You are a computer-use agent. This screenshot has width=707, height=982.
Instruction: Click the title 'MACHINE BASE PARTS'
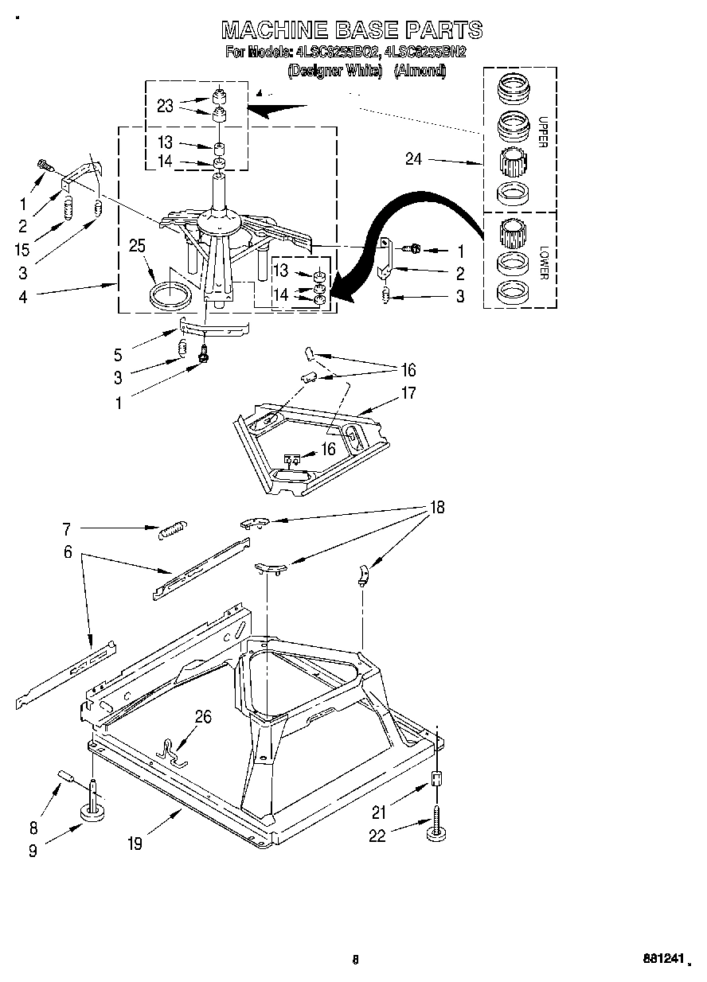click(x=352, y=29)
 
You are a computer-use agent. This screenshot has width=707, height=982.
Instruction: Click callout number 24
click(x=413, y=159)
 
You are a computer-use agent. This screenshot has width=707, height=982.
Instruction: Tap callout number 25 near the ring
click(x=138, y=247)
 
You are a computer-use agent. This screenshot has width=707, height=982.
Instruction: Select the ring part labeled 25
click(x=170, y=294)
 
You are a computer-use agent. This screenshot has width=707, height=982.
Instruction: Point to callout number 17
click(x=408, y=392)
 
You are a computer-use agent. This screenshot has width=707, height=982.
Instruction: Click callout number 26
click(x=203, y=717)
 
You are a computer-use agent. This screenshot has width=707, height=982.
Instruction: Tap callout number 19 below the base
click(x=135, y=844)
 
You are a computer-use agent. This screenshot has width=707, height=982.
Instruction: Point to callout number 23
click(x=165, y=106)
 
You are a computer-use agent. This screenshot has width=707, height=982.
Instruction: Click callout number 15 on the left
click(x=22, y=249)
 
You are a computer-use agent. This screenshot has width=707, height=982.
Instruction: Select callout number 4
click(x=22, y=297)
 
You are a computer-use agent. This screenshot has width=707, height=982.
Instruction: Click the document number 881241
click(x=663, y=960)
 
